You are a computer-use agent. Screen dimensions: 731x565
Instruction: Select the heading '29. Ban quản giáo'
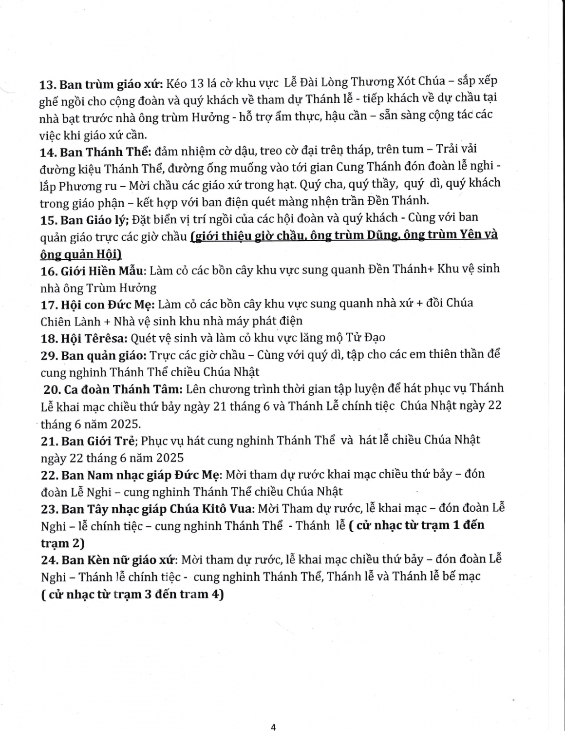click(93, 355)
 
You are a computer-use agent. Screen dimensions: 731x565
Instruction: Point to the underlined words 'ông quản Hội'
click(80, 254)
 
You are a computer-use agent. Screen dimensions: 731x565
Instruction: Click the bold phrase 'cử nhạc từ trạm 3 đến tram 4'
click(132, 595)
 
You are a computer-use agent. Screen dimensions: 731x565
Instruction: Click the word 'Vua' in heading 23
click(241, 508)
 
